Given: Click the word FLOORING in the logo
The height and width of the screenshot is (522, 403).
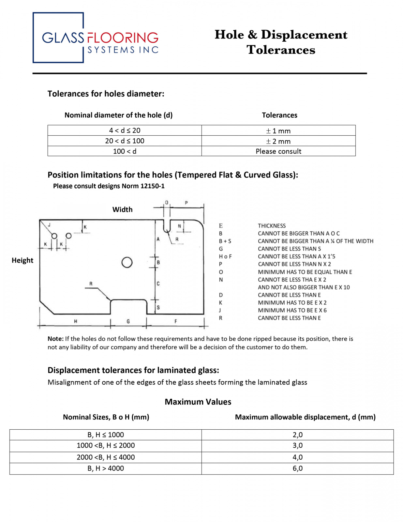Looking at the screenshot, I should [123, 38].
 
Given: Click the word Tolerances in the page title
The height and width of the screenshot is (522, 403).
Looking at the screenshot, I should [281, 50].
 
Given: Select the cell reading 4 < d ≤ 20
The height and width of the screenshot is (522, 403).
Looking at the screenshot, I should [125, 130].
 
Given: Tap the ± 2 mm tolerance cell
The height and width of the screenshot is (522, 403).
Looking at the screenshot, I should [278, 141].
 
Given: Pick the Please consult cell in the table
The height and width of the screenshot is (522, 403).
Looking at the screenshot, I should [278, 151].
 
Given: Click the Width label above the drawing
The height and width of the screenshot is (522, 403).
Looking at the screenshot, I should [122, 209].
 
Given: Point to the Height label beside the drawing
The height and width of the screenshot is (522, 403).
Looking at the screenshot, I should [22, 260].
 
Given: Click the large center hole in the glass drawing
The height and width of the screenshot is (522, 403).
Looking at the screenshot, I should [127, 262].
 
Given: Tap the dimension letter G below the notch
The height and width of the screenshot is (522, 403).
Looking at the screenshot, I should [128, 321].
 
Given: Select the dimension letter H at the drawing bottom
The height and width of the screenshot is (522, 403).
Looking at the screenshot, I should [75, 321].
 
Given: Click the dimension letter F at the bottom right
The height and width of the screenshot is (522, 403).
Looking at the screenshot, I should [176, 321].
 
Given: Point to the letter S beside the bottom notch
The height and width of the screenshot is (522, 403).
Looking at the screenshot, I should [158, 307].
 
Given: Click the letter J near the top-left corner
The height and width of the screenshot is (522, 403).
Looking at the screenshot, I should [49, 225].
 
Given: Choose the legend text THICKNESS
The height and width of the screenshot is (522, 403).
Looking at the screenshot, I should [272, 226].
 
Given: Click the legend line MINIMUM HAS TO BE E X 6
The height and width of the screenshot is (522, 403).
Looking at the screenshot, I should [292, 310].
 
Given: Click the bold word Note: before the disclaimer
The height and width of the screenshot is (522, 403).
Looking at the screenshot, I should [55, 339].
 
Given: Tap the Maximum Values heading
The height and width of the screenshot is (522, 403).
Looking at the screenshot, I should [198, 402].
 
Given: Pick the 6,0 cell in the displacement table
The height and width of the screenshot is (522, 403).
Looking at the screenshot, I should [297, 468].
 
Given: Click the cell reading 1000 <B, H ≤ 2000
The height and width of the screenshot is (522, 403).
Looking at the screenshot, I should [106, 446].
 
